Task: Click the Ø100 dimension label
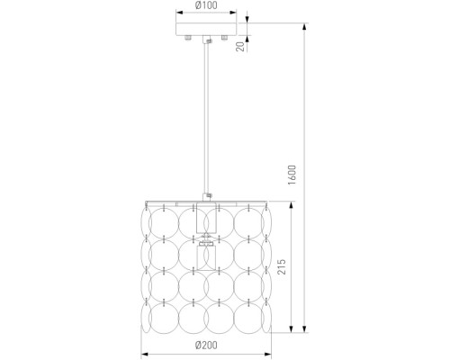coord(206,5)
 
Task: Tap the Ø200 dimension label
coord(206,346)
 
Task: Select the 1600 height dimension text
coord(292,175)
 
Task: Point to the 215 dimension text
coord(282,267)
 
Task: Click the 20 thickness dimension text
coord(240,47)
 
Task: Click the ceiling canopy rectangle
coord(206,29)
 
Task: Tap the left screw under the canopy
coord(188,38)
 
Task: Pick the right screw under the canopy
coord(224,38)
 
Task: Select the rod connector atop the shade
coord(207,197)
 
